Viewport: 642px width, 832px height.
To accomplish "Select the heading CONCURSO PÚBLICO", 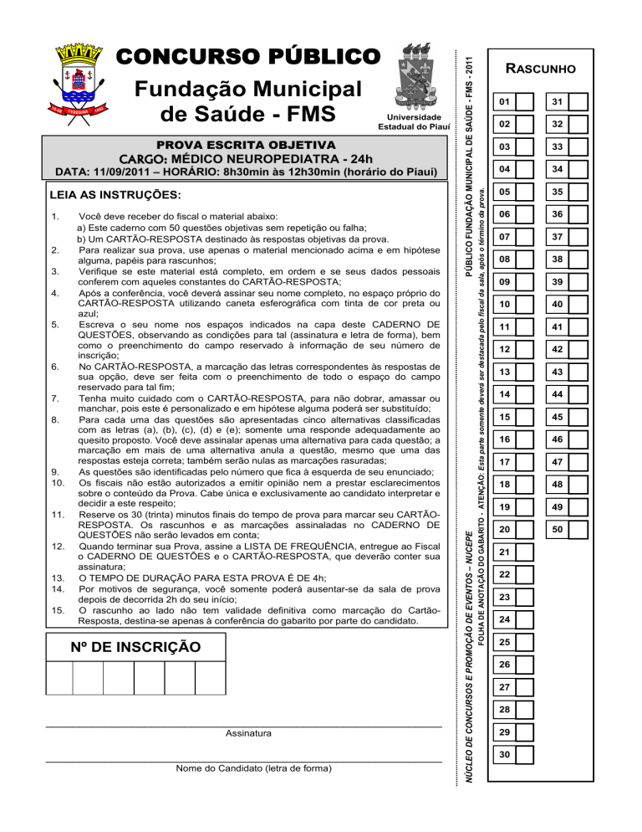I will [249, 56].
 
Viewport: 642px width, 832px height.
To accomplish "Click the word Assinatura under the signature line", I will [248, 733].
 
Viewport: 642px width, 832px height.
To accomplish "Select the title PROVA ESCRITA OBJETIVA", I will [242, 145].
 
